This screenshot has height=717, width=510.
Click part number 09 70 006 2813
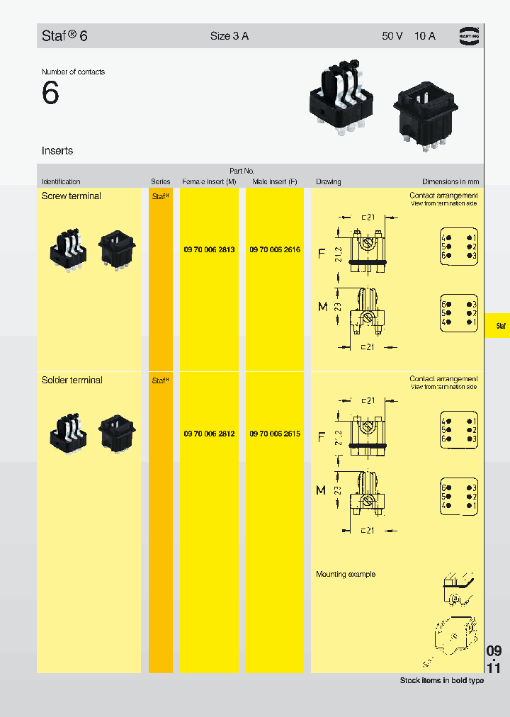coord(209,250)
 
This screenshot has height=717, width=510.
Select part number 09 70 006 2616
coord(275,250)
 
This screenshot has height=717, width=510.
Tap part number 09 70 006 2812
coord(209,434)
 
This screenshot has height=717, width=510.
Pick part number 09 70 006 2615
coord(275,434)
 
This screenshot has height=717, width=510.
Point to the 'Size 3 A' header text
coord(229,36)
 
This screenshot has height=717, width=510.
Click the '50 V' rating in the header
coord(392,36)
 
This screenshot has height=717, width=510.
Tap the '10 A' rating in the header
coord(425,36)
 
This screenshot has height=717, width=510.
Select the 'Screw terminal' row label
coord(72,196)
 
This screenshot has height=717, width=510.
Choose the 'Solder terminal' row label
coord(72,380)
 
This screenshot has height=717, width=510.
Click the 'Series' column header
coord(161,182)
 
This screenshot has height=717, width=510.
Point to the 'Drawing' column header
coord(329,182)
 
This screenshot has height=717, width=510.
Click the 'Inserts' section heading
coord(57,151)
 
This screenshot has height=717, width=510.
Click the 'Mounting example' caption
coord(346,575)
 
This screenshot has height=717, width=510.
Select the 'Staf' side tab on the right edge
coord(500,326)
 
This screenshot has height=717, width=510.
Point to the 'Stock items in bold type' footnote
coord(442,681)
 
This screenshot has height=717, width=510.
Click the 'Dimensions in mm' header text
coord(450,182)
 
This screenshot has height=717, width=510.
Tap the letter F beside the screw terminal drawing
coord(321,253)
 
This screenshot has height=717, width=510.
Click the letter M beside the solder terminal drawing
coord(321,490)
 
